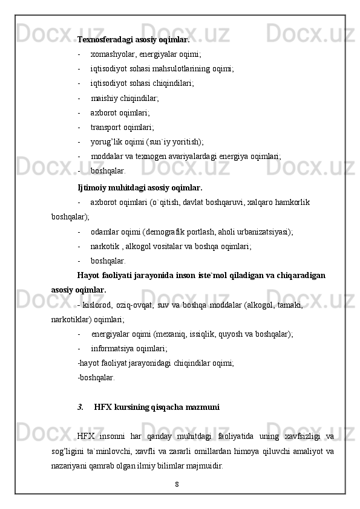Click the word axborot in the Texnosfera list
point(103,112)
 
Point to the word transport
point(107,127)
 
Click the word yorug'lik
point(107,142)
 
